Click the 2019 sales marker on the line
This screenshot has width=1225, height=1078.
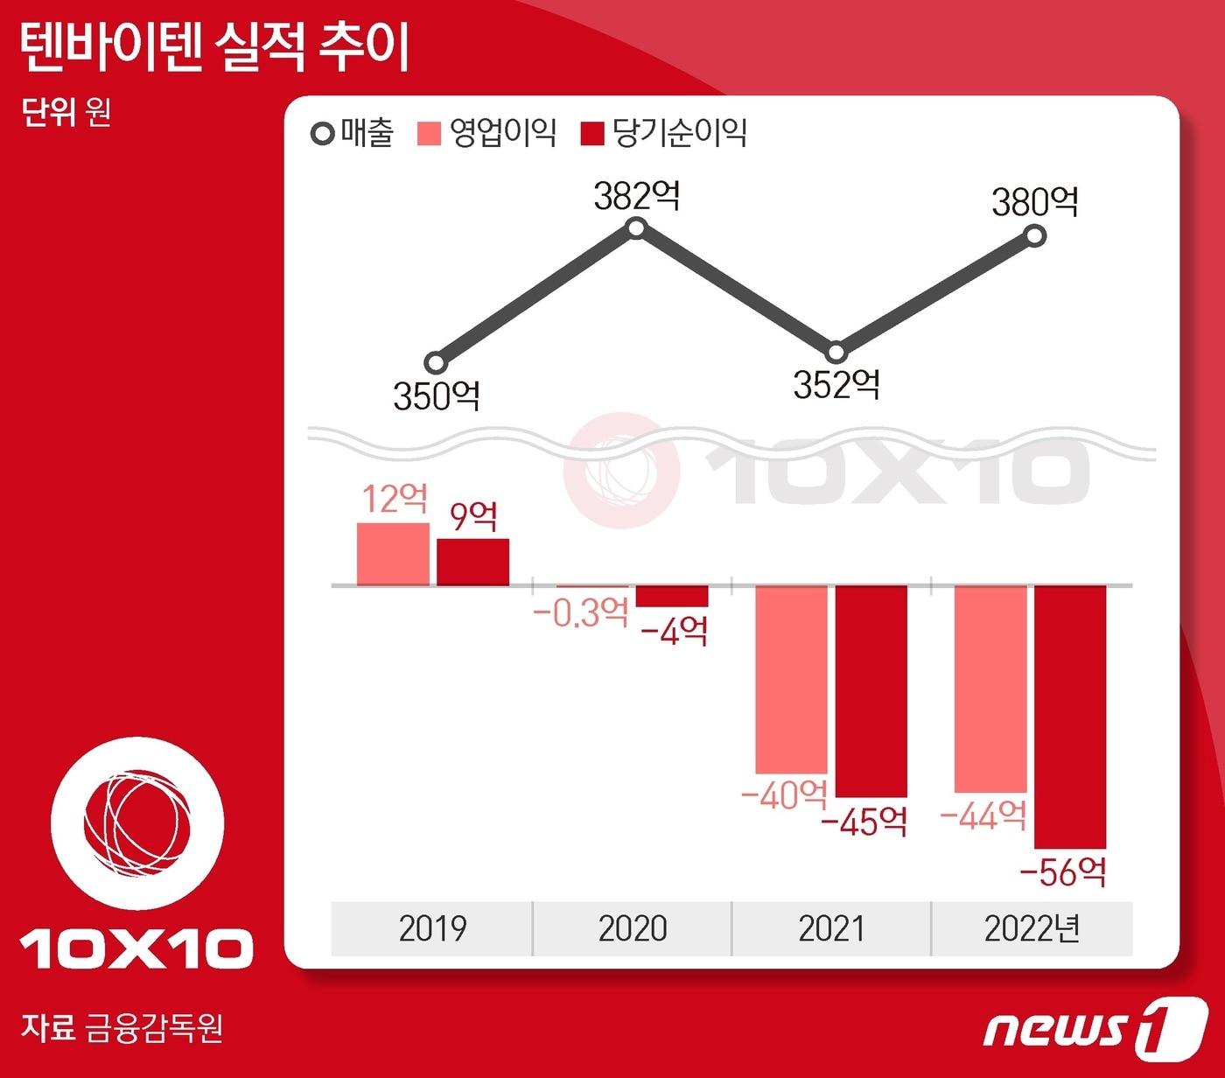(436, 362)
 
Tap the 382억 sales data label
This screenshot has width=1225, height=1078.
(636, 196)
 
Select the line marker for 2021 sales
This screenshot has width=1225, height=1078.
(836, 353)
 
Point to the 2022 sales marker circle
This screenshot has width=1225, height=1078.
(1034, 235)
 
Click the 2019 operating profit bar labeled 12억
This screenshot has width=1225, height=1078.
(393, 554)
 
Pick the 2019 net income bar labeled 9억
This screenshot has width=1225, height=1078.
(472, 562)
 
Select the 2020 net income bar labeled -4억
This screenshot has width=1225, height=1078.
(672, 596)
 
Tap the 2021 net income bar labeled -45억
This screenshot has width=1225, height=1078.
(871, 691)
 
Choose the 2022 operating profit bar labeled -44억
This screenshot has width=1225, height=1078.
(990, 689)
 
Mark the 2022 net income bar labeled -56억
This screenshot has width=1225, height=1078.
(1070, 717)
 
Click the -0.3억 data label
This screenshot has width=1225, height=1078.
(581, 612)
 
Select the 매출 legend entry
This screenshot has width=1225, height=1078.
(353, 134)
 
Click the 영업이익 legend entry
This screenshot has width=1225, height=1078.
(488, 134)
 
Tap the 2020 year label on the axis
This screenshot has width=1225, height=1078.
(633, 928)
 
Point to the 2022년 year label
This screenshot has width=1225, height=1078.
(1032, 928)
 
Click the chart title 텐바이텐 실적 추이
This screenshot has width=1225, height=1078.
(214, 47)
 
